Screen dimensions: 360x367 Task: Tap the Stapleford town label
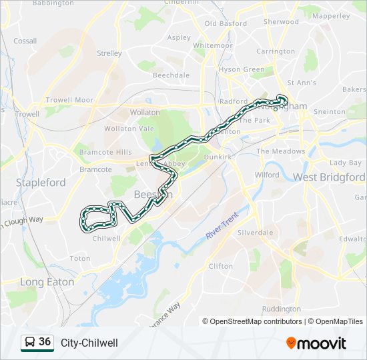click(x=41, y=182)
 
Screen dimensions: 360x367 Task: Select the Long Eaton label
click(x=47, y=282)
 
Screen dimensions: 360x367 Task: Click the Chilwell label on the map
click(x=107, y=238)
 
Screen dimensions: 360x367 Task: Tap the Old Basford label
click(x=226, y=23)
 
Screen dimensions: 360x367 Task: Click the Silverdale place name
click(x=256, y=233)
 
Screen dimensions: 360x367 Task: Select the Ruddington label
click(x=281, y=309)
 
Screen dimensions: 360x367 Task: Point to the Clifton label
click(x=221, y=266)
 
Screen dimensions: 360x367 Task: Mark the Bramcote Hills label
click(x=105, y=153)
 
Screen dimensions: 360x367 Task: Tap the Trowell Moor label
click(x=69, y=100)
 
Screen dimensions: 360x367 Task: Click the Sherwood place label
click(x=281, y=21)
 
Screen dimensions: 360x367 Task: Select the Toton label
click(x=80, y=258)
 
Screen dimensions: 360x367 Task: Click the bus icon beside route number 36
click(x=29, y=343)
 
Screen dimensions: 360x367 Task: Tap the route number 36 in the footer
click(x=45, y=342)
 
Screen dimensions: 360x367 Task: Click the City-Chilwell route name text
click(x=89, y=343)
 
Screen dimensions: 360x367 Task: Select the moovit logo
click(x=316, y=343)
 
